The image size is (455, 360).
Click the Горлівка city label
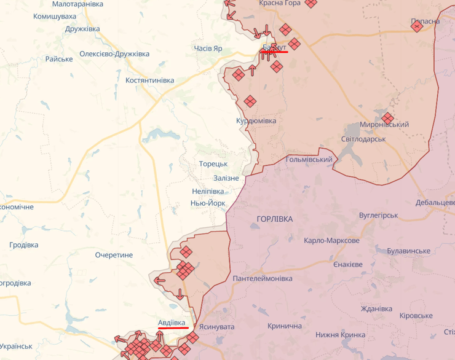point(275,219)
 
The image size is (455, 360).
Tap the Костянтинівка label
point(149,80)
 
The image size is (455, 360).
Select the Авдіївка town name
point(172,323)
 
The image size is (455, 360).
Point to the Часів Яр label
point(208,49)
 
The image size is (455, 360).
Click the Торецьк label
point(213,164)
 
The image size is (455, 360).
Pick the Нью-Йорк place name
point(208,203)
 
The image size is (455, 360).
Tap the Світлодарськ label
point(363,139)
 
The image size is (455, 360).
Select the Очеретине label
point(114,255)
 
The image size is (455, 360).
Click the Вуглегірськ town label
point(379,216)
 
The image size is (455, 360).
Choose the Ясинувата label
point(217,328)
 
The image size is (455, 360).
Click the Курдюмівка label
point(256,121)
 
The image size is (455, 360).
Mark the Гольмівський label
point(309,160)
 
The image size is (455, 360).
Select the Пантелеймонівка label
point(263,279)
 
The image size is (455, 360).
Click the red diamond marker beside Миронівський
point(387,117)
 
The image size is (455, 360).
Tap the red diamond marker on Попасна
point(417,25)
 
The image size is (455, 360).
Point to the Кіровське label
point(416,315)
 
